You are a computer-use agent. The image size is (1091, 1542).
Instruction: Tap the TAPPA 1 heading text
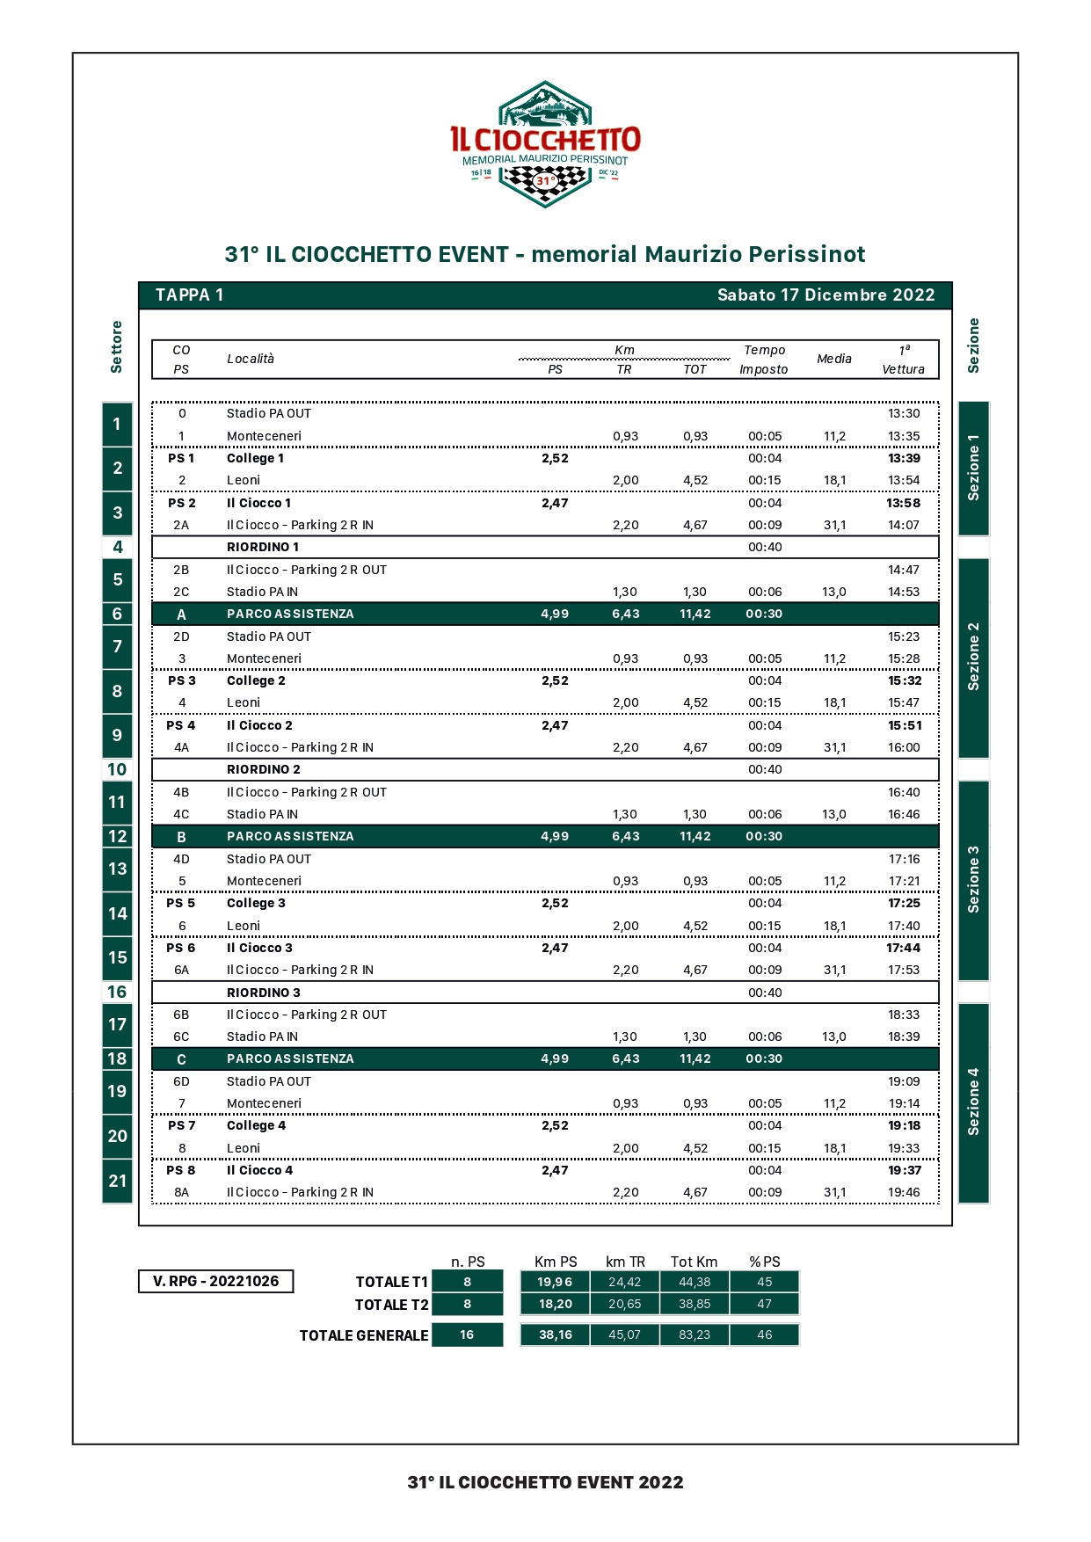[x=189, y=295]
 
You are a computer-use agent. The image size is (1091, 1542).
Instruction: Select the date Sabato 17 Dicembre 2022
[x=826, y=295]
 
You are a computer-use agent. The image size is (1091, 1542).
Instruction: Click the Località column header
[x=251, y=359]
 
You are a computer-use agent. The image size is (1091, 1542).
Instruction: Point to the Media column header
[x=833, y=359]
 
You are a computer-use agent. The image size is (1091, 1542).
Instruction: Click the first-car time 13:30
[x=903, y=413]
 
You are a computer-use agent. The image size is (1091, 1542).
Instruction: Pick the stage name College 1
[x=255, y=458]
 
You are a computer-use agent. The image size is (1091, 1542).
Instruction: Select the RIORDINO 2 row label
[x=263, y=769]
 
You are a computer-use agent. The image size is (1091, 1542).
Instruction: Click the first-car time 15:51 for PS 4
[x=904, y=725]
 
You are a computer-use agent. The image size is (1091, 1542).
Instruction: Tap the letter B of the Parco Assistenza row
[x=181, y=837]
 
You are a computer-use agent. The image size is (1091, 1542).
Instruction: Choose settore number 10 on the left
[x=117, y=770]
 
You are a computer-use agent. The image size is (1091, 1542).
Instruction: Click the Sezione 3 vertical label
[x=973, y=880]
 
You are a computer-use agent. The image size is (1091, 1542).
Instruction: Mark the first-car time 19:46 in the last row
[x=903, y=1192]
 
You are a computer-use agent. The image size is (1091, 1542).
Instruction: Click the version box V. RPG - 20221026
[x=215, y=1282]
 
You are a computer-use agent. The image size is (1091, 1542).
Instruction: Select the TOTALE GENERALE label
[x=363, y=1335]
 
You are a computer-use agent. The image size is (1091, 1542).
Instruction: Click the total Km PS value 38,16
[x=555, y=1335]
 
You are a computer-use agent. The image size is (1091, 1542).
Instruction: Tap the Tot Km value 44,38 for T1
[x=694, y=1282]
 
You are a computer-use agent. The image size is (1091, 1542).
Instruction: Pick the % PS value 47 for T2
[x=764, y=1305]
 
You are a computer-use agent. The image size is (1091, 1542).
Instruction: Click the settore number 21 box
[x=117, y=1181]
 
